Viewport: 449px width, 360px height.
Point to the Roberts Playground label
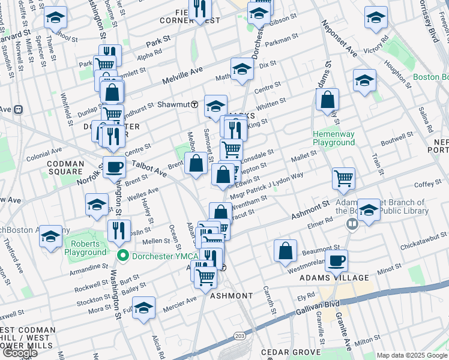tap(89, 248)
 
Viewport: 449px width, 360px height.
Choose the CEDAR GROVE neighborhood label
tap(285, 352)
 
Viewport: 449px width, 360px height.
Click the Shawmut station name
tap(173, 104)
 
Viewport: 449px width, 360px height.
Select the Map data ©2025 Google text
tap(411, 355)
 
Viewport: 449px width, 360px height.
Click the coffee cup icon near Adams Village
tap(336, 262)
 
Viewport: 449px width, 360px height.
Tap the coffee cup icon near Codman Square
tap(114, 167)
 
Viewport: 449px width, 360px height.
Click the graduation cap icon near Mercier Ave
tap(143, 308)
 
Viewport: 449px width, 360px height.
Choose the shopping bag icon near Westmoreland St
tap(286, 251)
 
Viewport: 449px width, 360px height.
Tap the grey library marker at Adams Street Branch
tap(352, 224)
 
